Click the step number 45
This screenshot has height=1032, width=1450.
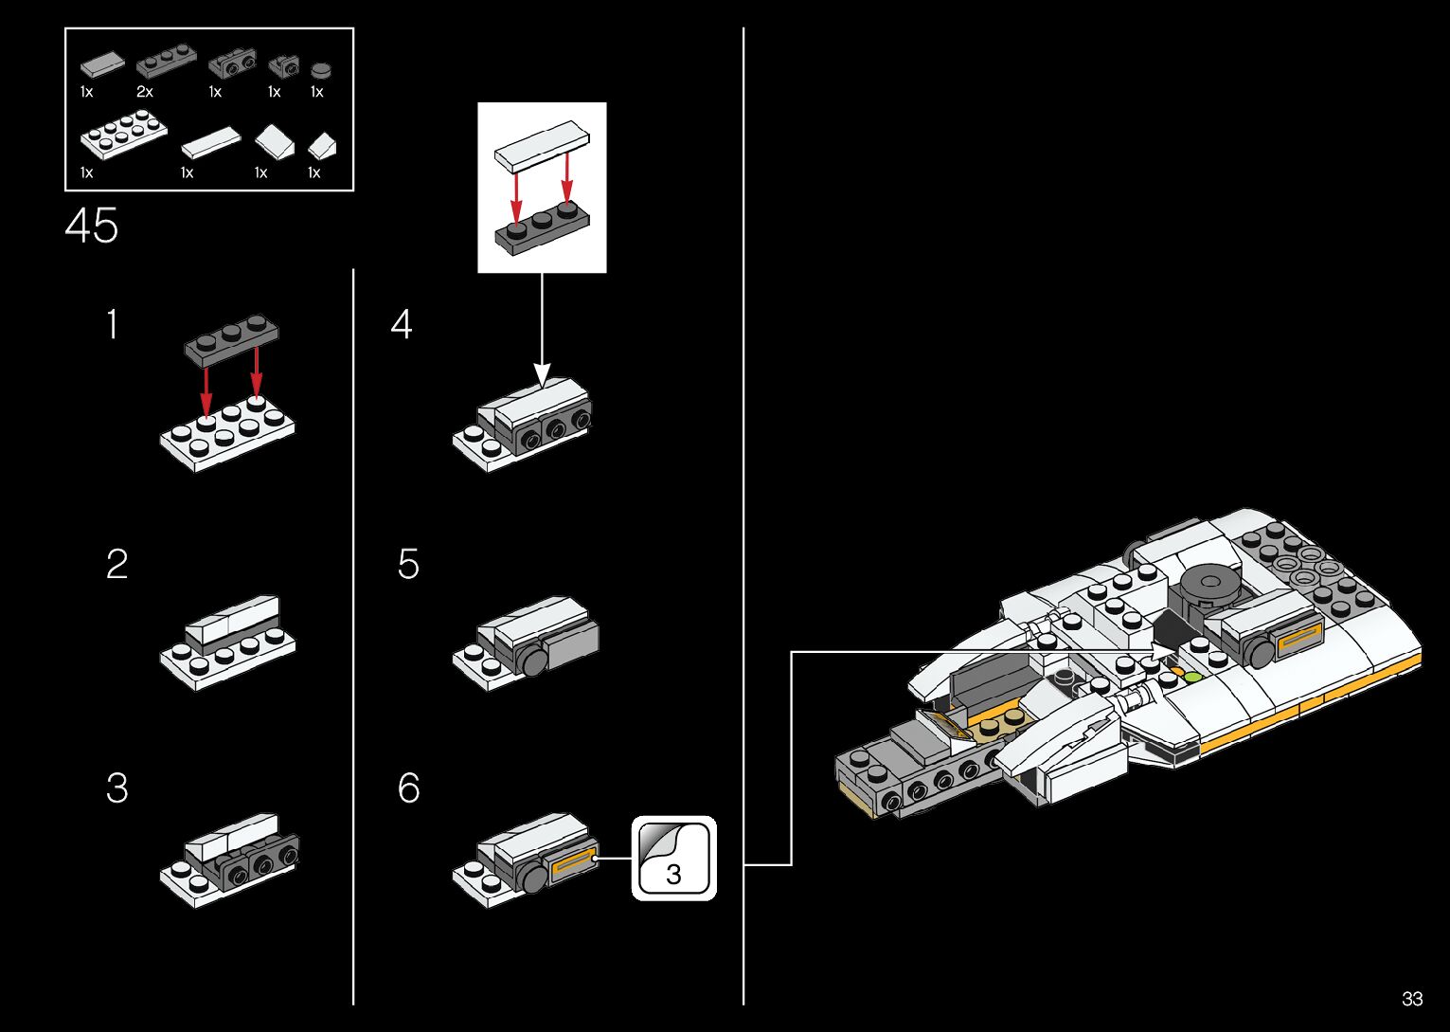pos(92,227)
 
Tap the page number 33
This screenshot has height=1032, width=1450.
pos(1412,999)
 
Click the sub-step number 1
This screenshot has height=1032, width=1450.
pos(113,325)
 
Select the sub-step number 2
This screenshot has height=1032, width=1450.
pos(116,565)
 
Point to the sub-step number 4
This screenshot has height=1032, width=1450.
pos(402,325)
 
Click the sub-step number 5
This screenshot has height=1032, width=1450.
pos(408,565)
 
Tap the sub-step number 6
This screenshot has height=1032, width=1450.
pos(408,788)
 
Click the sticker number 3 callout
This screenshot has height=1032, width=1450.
pos(673,859)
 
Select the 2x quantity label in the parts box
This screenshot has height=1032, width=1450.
pos(144,92)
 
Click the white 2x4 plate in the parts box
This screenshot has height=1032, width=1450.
pos(123,134)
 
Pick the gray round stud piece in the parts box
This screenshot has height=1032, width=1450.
pos(321,69)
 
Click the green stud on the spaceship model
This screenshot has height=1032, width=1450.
pos(1192,677)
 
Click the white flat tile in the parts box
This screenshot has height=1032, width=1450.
pos(211,143)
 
